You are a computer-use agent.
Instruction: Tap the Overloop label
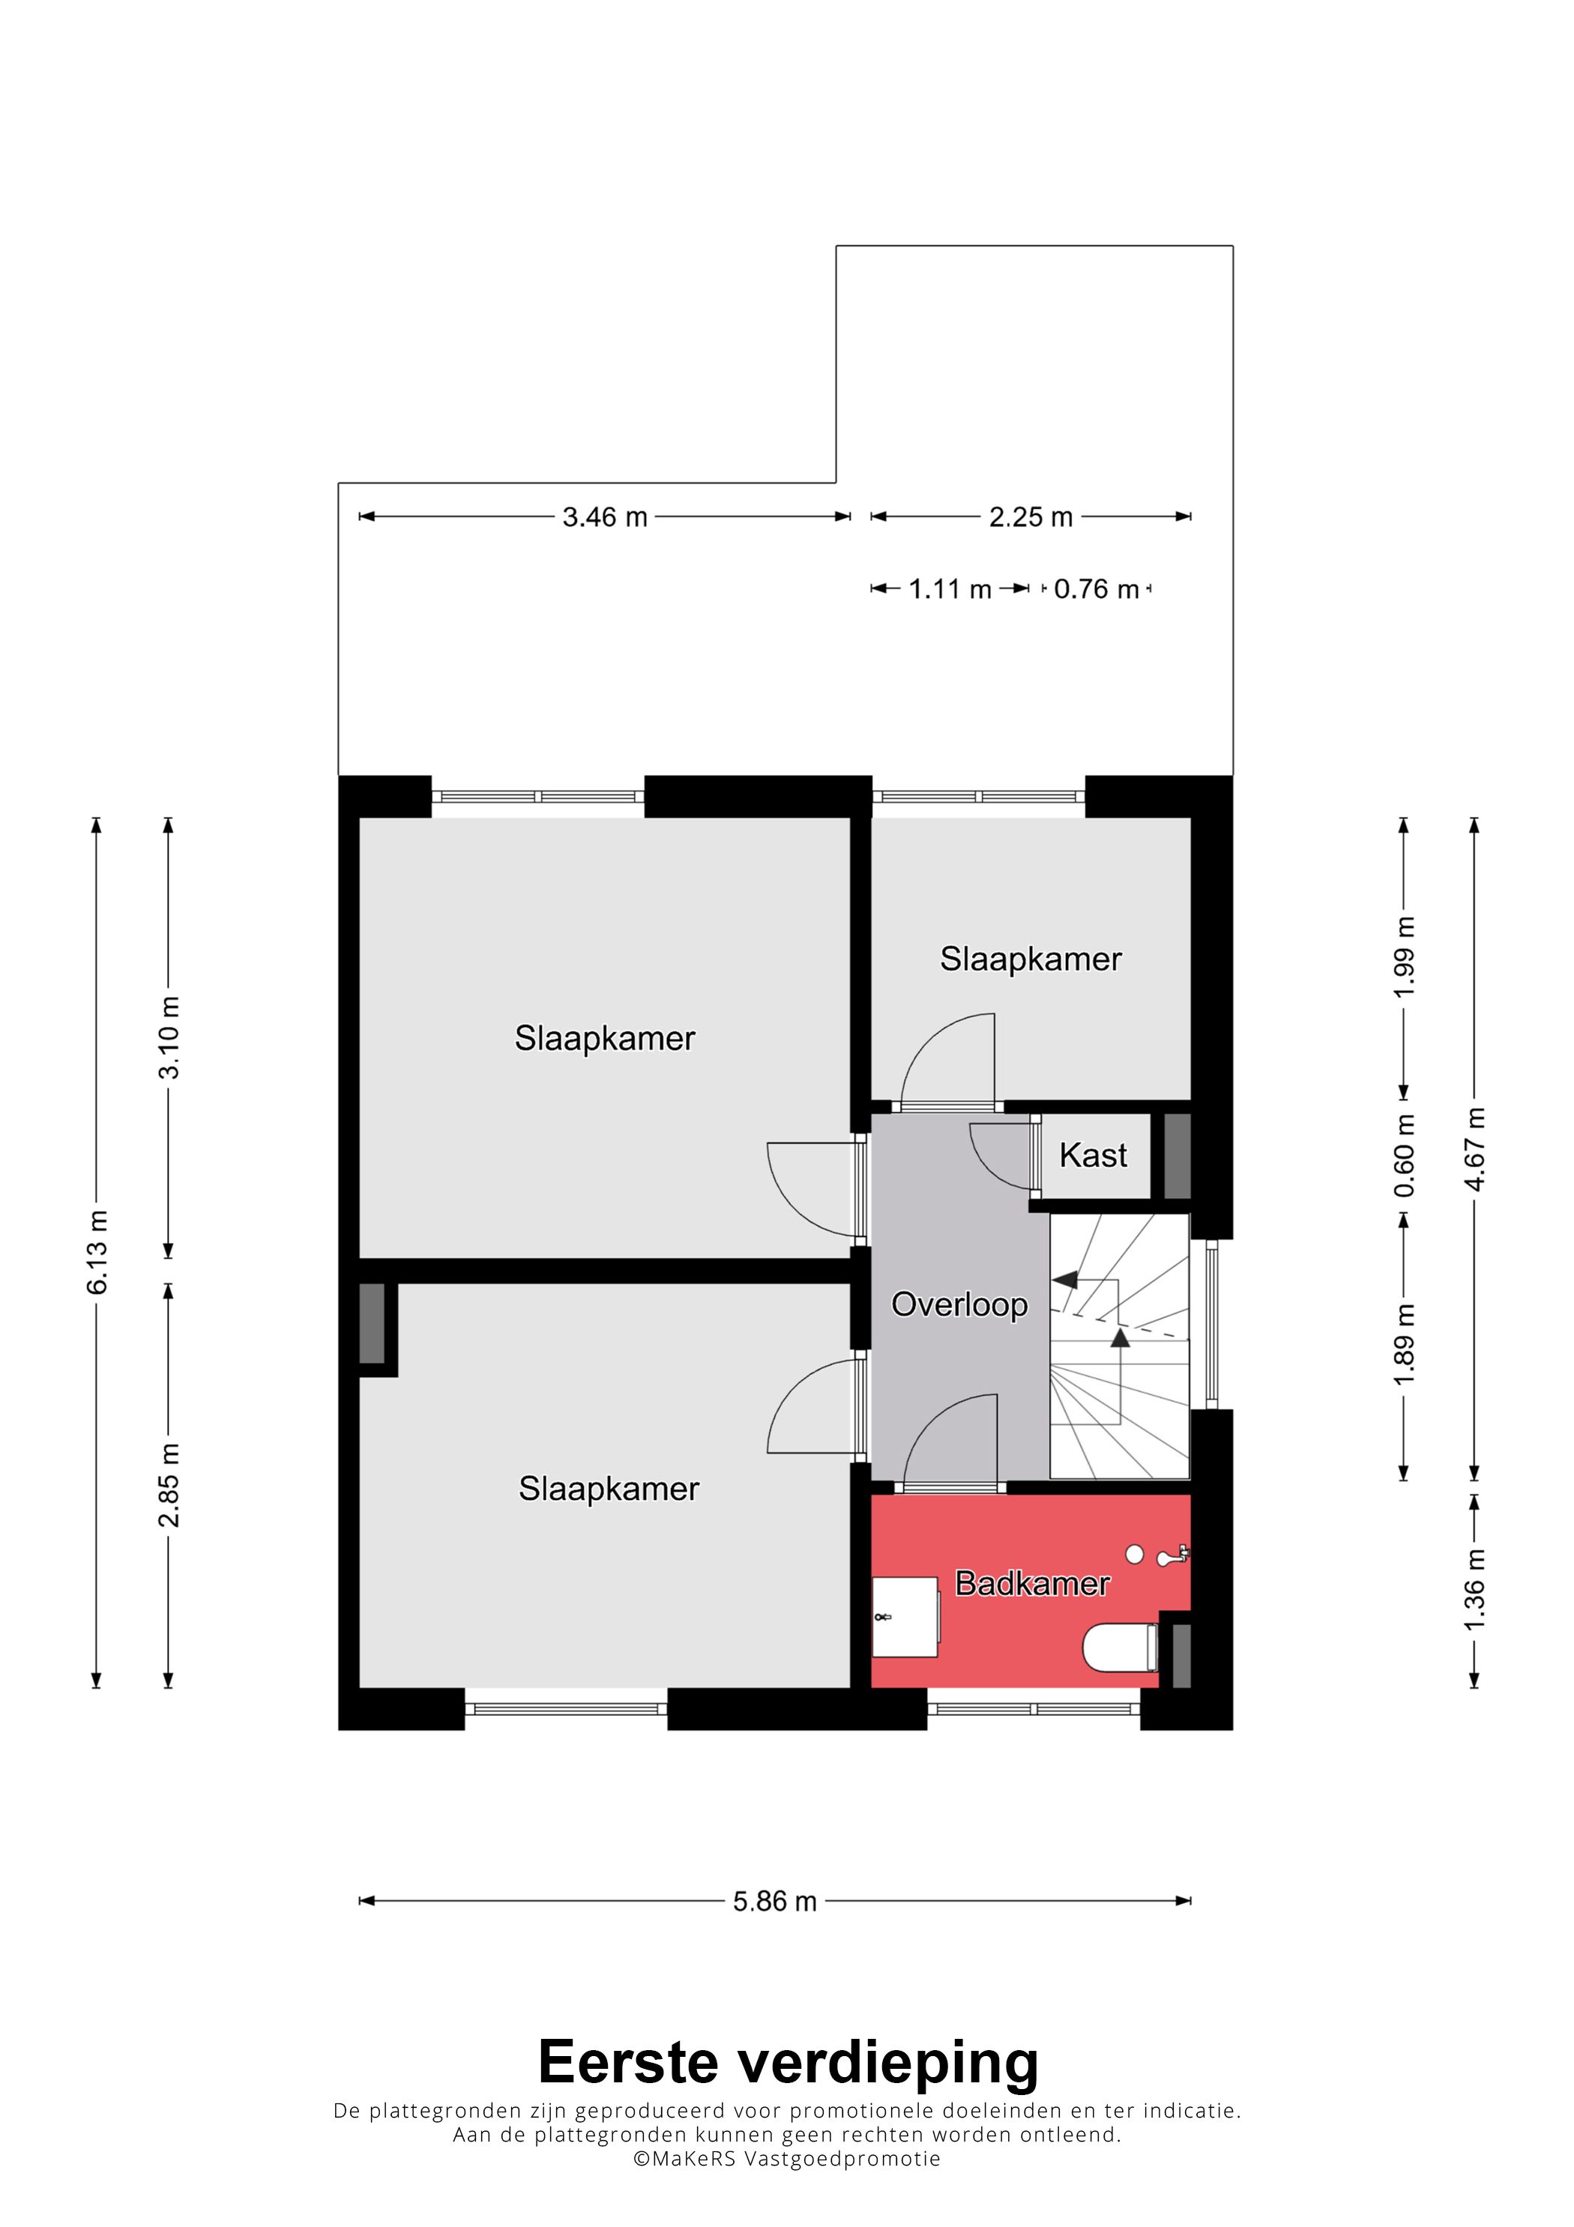click(x=959, y=1304)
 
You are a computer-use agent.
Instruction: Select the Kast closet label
click(x=1093, y=1155)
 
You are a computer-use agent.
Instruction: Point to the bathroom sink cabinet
click(x=905, y=1617)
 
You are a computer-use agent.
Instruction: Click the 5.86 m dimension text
click(x=774, y=1901)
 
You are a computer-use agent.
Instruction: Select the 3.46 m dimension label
click(x=604, y=517)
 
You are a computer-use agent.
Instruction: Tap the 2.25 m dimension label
click(x=1031, y=517)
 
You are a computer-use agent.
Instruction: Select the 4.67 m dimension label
click(x=1474, y=1148)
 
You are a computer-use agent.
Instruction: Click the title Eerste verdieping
click(x=788, y=2062)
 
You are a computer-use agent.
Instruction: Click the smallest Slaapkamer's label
click(x=1031, y=959)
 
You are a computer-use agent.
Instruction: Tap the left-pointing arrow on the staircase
click(x=1066, y=1280)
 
